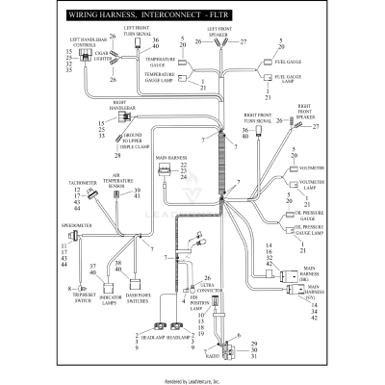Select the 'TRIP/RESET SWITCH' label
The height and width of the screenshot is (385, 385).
coord(65,296)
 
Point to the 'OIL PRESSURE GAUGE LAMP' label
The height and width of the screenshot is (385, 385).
coord(306,231)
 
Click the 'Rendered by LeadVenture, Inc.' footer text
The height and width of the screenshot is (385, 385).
coord(192,378)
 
